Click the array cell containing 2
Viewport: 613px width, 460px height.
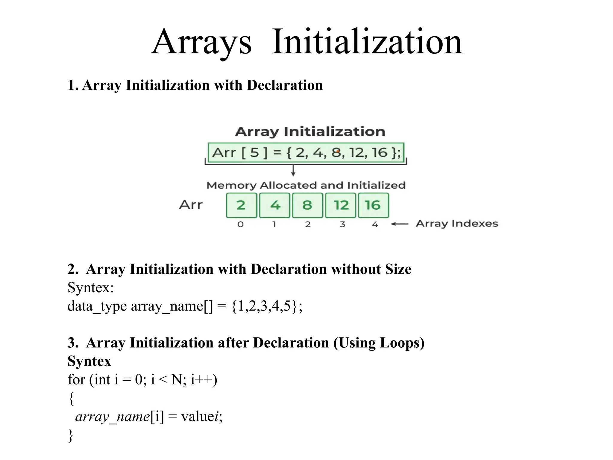pyautogui.click(x=241, y=205)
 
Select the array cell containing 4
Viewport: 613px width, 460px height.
pyautogui.click(x=274, y=205)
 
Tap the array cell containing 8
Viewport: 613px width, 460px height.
pyautogui.click(x=307, y=205)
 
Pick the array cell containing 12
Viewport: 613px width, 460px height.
pyautogui.click(x=341, y=205)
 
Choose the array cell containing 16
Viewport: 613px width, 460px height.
pyautogui.click(x=373, y=205)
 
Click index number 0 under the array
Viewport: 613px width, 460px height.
pyautogui.click(x=241, y=224)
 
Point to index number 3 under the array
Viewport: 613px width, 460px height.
pyautogui.click(x=342, y=224)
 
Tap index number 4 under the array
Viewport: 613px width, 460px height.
pyautogui.click(x=375, y=224)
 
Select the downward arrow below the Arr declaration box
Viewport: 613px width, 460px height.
pyautogui.click(x=293, y=170)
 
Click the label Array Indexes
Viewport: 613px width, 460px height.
pyautogui.click(x=457, y=224)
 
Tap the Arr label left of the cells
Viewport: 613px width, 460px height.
pyautogui.click(x=191, y=205)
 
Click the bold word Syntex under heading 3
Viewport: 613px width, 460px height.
pyautogui.click(x=89, y=361)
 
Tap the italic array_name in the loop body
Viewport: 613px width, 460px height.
pyautogui.click(x=113, y=417)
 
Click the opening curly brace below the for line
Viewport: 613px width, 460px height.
pyautogui.click(x=71, y=398)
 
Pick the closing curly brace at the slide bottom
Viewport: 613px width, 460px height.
pyautogui.click(x=71, y=435)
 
